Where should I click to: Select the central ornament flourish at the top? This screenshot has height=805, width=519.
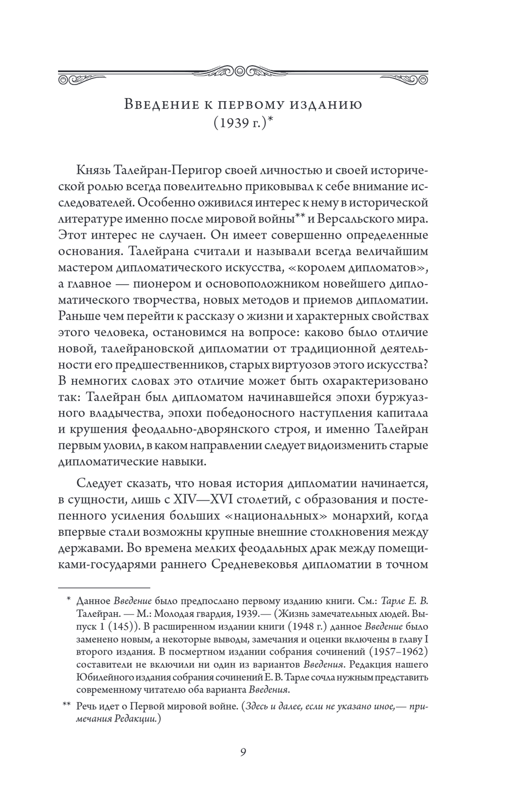[243, 71]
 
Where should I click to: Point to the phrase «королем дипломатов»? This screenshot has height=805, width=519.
[368, 268]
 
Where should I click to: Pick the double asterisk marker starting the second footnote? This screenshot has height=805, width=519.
[66, 706]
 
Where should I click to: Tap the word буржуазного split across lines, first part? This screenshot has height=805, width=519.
[396, 397]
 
